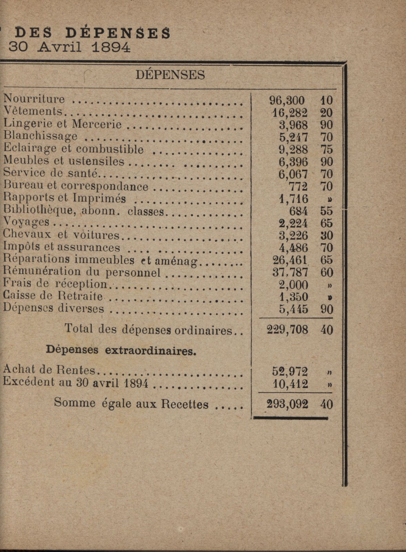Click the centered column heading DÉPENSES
(170, 74)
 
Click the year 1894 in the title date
(111, 47)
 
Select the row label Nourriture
(34, 99)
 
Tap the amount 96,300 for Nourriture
(287, 100)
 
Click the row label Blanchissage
(40, 136)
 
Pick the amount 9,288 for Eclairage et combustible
(293, 150)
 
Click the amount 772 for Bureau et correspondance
(298, 187)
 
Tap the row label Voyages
(26, 223)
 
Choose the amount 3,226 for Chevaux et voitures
(293, 235)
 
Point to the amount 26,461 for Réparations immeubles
(290, 260)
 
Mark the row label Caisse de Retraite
(53, 296)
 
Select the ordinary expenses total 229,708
(287, 330)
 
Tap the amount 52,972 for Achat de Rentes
(290, 371)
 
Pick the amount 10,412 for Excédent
(290, 384)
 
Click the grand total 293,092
(287, 404)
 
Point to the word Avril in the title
(60, 47)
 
